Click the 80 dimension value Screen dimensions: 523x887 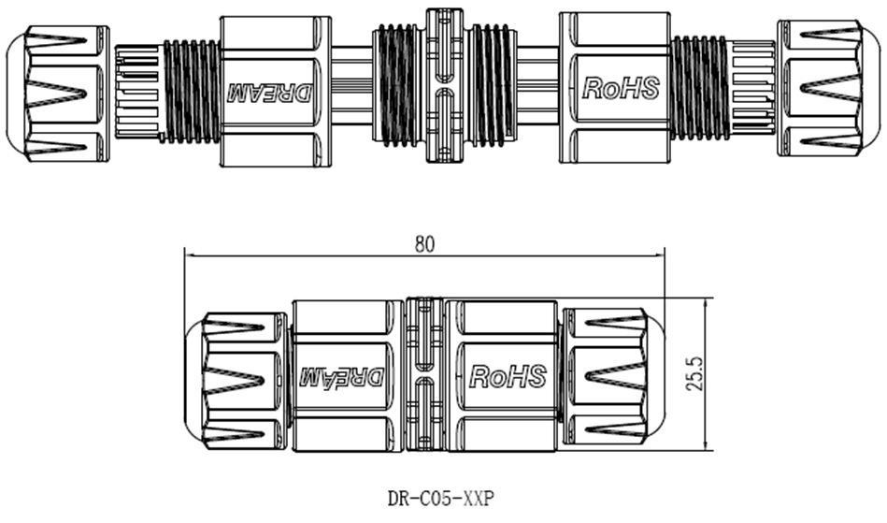(x=424, y=243)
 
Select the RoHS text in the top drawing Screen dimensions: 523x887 (x=621, y=88)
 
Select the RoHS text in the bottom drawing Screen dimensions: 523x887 (x=507, y=376)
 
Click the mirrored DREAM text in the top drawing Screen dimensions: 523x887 (x=271, y=92)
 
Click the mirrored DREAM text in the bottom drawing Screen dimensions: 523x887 (x=341, y=378)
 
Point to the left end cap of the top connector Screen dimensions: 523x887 (x=56, y=90)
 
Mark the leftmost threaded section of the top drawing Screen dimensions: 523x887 (x=193, y=90)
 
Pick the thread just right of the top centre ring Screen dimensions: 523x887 (x=492, y=90)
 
